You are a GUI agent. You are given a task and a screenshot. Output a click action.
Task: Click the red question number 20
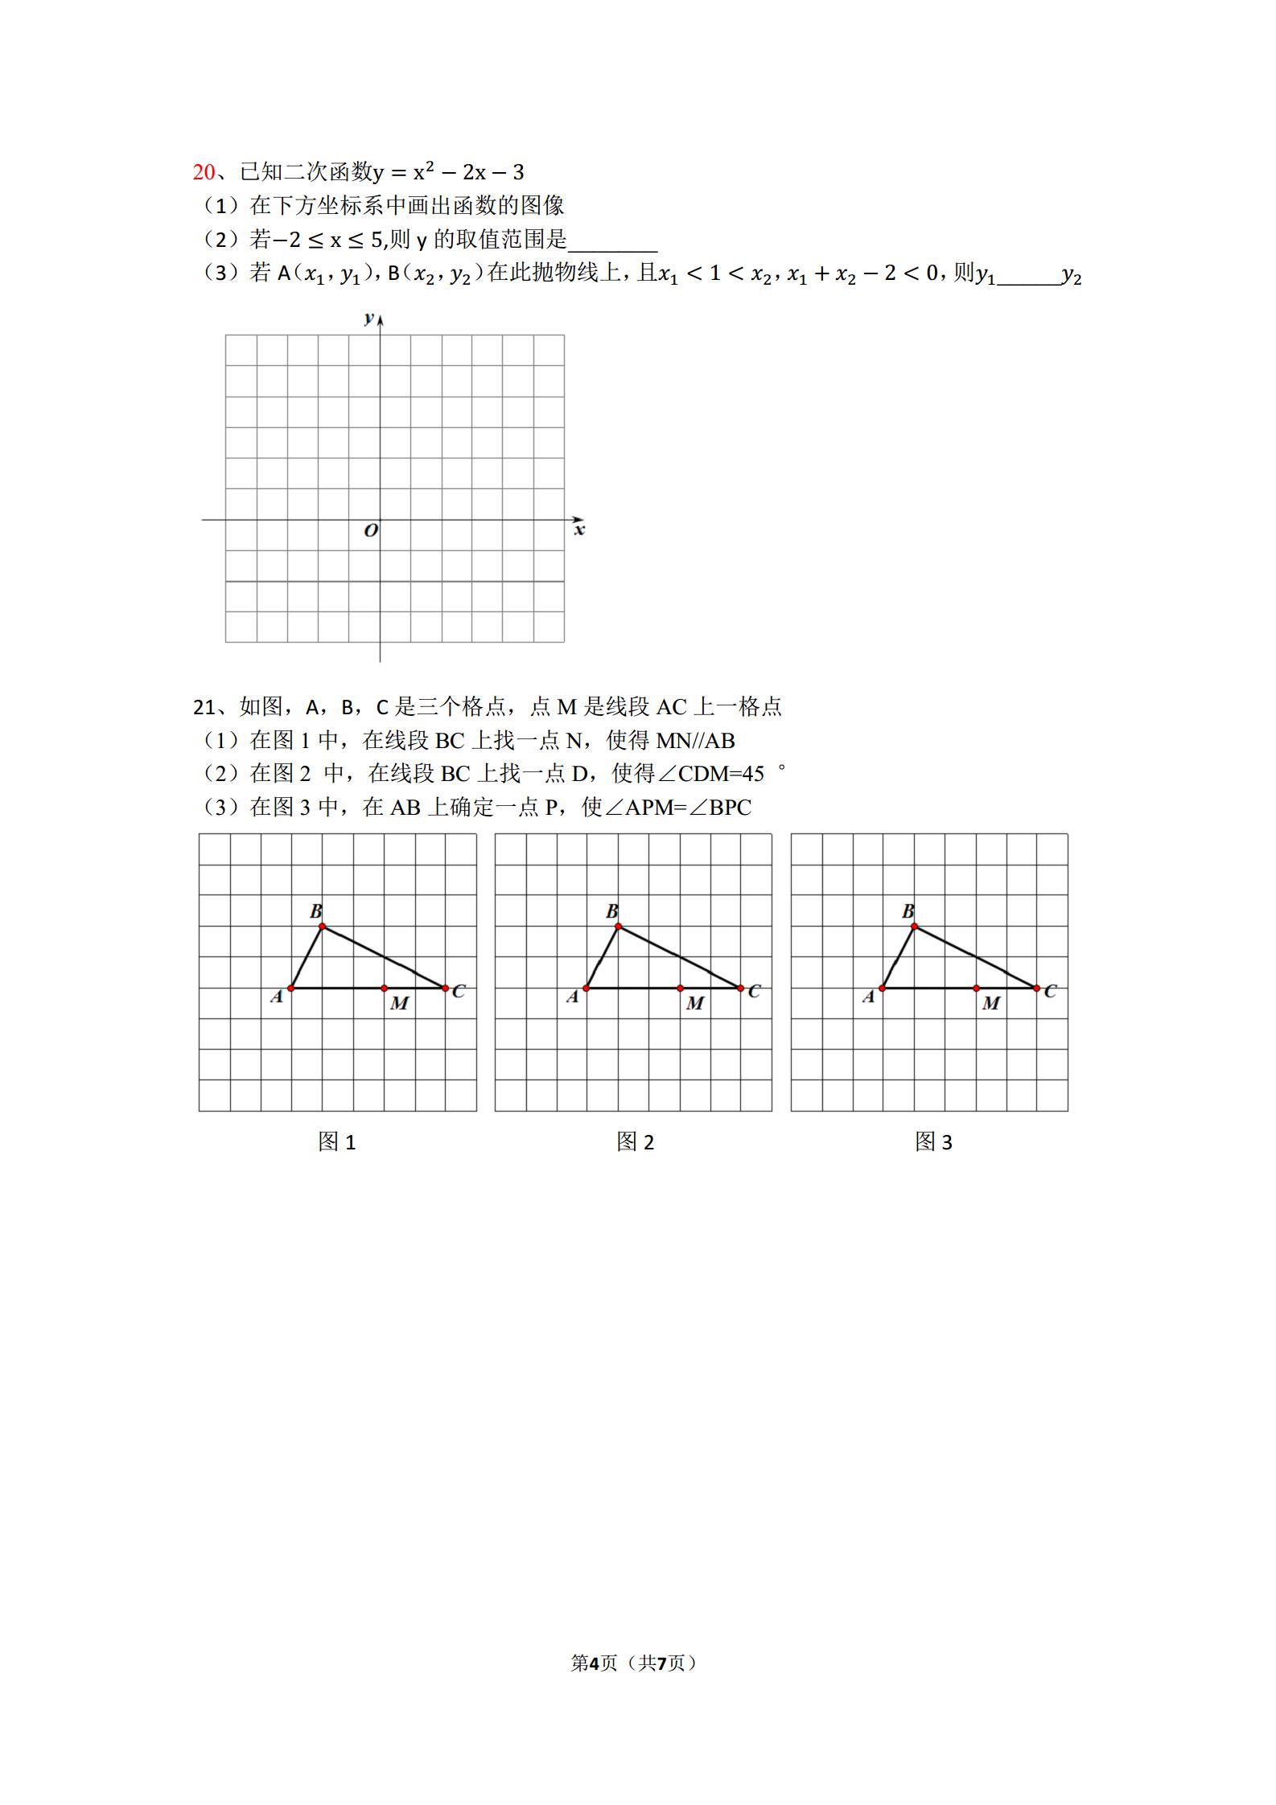[x=204, y=172]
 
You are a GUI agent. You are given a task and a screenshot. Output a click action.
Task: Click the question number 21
[x=204, y=707]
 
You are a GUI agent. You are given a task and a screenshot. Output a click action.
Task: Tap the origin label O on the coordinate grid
[x=371, y=531]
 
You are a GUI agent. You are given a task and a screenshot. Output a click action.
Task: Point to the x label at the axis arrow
[x=579, y=530]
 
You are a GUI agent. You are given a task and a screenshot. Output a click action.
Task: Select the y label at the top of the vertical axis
[x=368, y=318]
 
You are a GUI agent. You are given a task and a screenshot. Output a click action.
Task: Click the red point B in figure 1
[x=322, y=927]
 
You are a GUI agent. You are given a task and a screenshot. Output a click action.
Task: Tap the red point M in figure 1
[x=384, y=988]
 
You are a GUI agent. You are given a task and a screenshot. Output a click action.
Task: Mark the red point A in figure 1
[x=291, y=988]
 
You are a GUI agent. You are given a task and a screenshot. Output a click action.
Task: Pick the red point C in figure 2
[x=741, y=988]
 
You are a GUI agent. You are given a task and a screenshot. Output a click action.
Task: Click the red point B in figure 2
[x=618, y=927]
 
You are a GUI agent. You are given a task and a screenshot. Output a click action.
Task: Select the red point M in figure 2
[x=680, y=988]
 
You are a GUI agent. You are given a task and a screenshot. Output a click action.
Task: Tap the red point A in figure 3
[x=883, y=988]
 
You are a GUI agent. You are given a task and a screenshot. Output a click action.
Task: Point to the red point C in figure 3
[x=1037, y=988]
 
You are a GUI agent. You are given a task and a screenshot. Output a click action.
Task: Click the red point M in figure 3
[x=976, y=988]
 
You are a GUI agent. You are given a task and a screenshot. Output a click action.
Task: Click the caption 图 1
[x=337, y=1142]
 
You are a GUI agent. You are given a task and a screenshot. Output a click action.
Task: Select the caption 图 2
[x=636, y=1142]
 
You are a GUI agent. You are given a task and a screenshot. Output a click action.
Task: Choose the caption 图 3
[x=933, y=1142]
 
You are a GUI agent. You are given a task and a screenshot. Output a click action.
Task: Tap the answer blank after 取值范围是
[x=612, y=241]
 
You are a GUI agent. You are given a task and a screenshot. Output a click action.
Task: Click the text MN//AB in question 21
[x=696, y=741]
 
